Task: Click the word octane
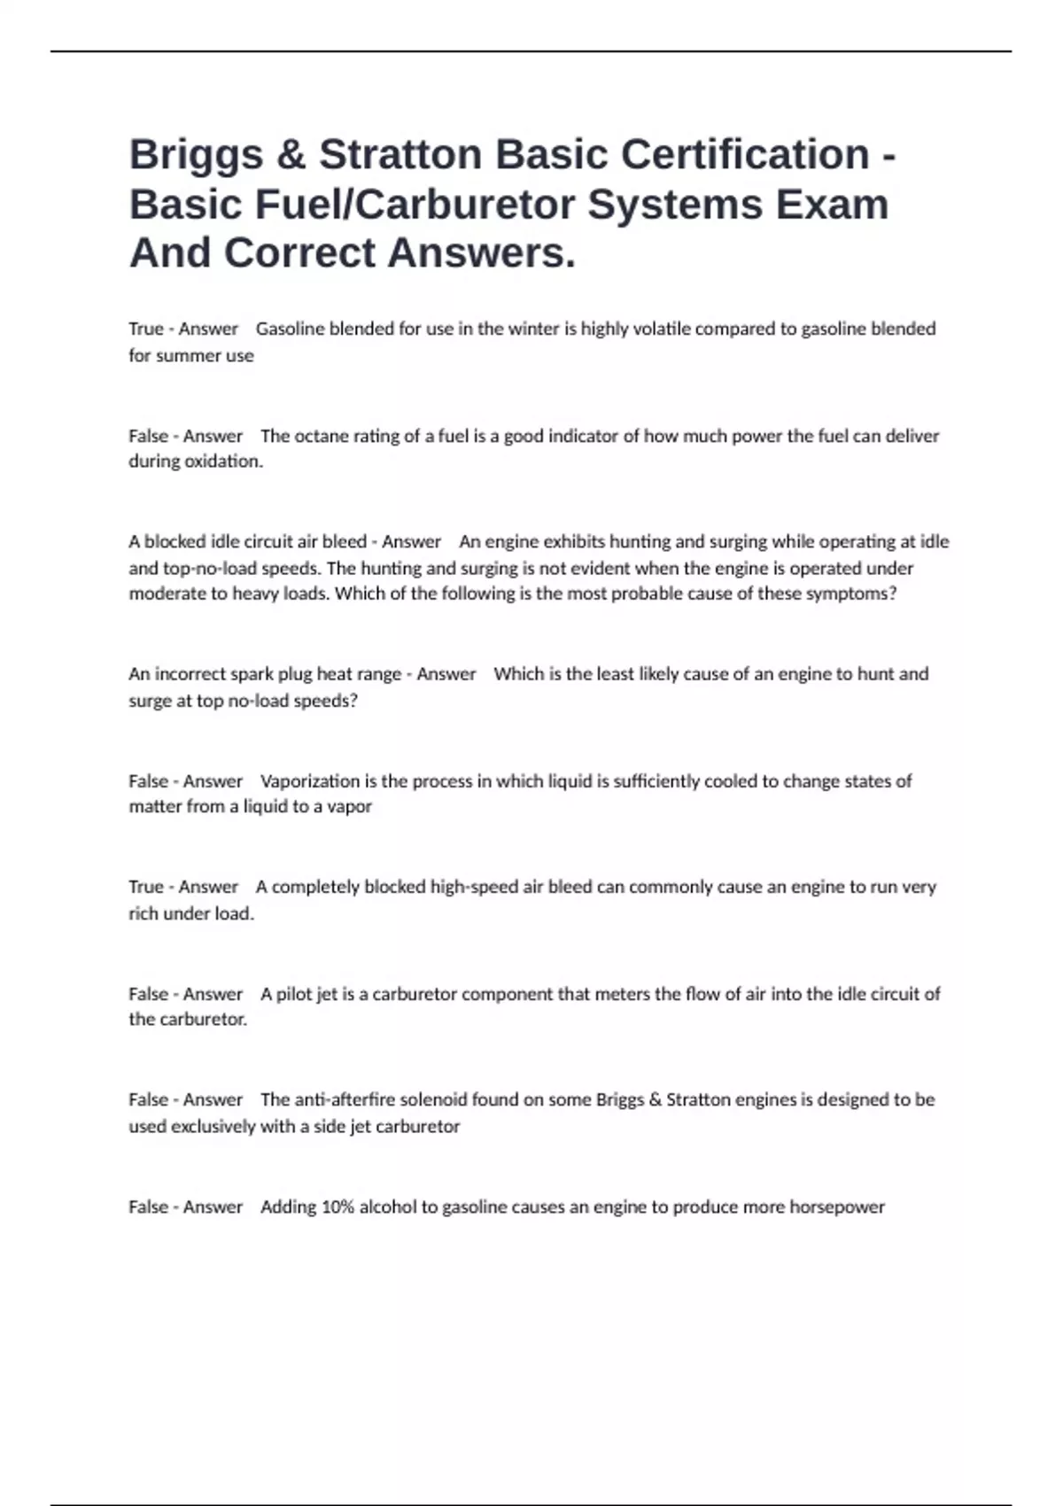[x=320, y=436]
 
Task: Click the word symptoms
[x=849, y=594]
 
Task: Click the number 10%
[x=338, y=1207]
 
